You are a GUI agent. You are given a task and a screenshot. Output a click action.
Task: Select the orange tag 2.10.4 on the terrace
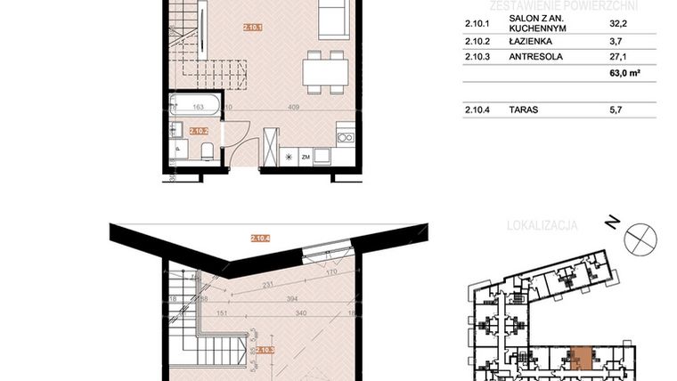261,238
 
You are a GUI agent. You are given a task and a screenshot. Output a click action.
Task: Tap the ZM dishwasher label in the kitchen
305,157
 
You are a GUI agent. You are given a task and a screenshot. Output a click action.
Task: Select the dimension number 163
199,106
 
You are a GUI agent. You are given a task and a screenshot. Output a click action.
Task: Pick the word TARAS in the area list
524,111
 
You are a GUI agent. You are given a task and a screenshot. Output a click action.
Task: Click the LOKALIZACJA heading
542,225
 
